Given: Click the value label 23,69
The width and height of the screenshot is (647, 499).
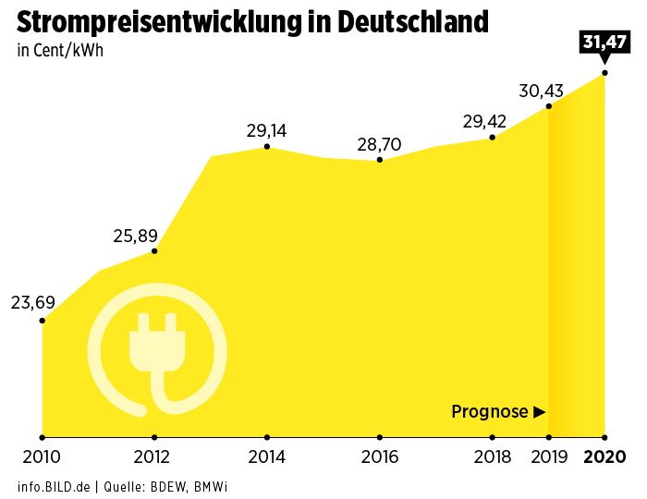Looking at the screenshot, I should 33,302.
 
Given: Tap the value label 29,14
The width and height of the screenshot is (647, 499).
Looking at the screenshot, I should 266,130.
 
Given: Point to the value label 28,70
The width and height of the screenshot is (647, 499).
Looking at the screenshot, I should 379,144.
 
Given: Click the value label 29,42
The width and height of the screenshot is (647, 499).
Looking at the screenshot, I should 485,121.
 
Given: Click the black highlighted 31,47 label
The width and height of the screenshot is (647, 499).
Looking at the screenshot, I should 604,42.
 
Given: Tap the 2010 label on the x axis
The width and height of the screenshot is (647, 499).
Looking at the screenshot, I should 42,456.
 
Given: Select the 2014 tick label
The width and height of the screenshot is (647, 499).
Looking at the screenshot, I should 266,456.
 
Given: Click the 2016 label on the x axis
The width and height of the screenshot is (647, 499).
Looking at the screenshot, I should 379,456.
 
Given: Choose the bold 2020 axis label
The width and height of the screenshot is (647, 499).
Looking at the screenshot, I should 605,456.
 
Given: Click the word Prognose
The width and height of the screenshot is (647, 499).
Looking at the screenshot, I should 489,412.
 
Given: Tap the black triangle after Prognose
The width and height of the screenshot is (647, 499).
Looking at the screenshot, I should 541,412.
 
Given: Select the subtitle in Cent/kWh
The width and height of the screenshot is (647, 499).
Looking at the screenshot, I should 60,50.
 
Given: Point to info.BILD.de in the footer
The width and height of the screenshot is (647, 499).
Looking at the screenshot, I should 53,485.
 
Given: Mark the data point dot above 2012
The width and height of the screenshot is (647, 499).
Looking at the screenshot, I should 154,250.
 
